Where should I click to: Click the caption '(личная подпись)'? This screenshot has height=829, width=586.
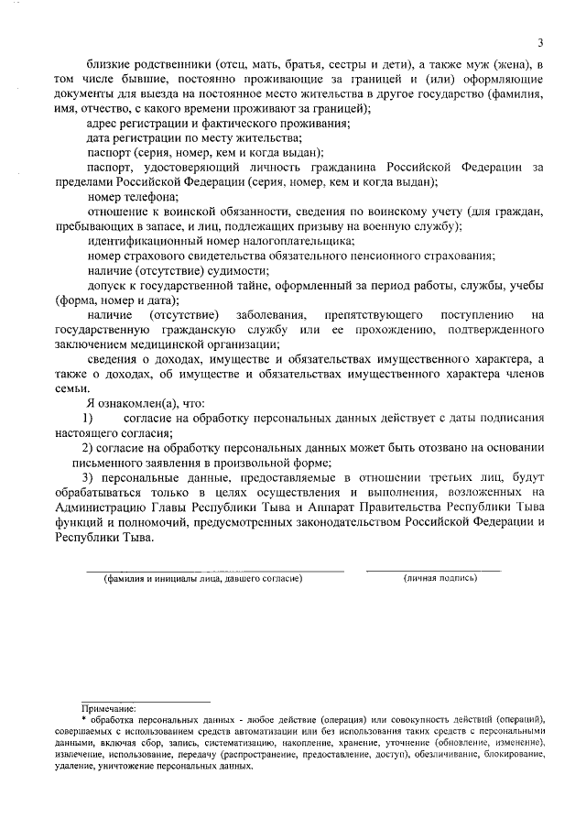[x=440, y=578]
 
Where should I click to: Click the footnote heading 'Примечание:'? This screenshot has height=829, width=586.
[x=108, y=707]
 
